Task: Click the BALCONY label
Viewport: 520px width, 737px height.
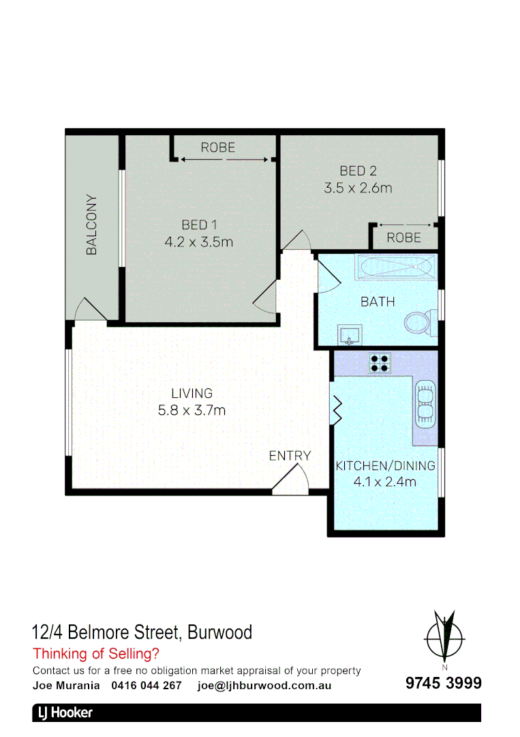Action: pyautogui.click(x=91, y=225)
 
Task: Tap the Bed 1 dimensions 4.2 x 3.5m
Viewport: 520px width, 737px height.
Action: pyautogui.click(x=199, y=241)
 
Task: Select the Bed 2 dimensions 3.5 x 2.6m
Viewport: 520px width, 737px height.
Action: pyautogui.click(x=358, y=188)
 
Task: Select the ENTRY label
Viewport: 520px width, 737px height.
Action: pyautogui.click(x=290, y=456)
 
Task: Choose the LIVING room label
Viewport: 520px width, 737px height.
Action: pyautogui.click(x=192, y=393)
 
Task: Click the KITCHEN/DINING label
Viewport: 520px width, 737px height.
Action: pyautogui.click(x=385, y=466)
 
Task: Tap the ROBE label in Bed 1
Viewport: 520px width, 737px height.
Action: pyautogui.click(x=217, y=147)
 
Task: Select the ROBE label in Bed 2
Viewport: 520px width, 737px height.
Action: pyautogui.click(x=403, y=237)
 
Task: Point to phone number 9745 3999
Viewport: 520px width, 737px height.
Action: pyautogui.click(x=444, y=683)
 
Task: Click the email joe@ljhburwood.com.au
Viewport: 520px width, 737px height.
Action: pyautogui.click(x=264, y=685)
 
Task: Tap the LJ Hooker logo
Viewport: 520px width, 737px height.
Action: pyautogui.click(x=63, y=713)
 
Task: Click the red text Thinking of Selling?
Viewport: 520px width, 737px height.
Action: pyautogui.click(x=96, y=654)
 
